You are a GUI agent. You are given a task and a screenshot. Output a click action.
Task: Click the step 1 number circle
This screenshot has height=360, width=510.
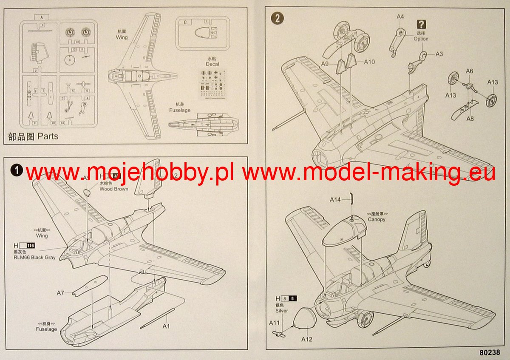[x=17, y=170]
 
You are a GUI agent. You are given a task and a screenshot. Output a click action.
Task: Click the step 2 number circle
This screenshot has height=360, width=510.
[x=278, y=18]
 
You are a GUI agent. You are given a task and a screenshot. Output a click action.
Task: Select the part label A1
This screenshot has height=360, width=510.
[x=166, y=326]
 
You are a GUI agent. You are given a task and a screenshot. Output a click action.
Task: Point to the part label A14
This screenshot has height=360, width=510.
[x=336, y=200]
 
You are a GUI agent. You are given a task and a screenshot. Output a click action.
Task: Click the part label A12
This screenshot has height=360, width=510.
[x=307, y=339]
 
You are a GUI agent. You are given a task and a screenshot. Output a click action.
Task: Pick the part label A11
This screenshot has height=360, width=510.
[x=274, y=323]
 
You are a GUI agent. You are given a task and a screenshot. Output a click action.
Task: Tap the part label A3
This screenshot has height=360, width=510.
[x=439, y=54]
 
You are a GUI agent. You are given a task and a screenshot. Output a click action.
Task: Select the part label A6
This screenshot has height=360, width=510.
[x=469, y=71]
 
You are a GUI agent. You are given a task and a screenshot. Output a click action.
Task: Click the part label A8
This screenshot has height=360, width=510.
[x=470, y=119]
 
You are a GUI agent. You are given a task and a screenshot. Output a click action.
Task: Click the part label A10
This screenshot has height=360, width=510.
[x=369, y=62]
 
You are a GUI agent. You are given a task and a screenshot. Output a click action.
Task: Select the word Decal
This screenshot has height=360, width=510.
[x=212, y=64]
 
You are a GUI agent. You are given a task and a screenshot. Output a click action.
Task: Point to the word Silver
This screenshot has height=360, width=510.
[x=281, y=311]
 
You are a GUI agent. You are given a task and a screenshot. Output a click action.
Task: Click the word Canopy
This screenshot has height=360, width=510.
[x=377, y=219]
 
